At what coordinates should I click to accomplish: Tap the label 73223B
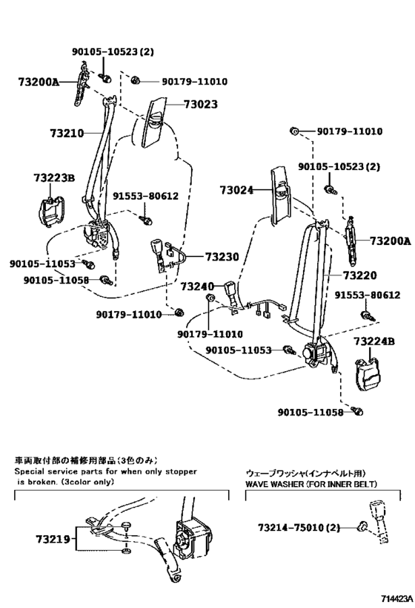click(54, 178)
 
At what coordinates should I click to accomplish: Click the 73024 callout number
click(236, 191)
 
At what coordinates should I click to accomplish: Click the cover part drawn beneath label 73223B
click(51, 212)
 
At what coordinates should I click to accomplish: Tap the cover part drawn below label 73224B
click(368, 373)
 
